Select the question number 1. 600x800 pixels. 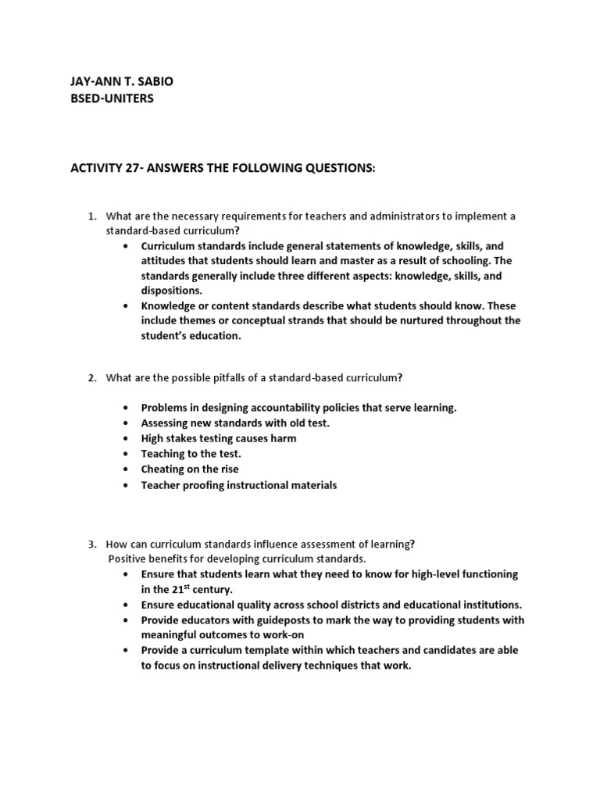click(x=91, y=216)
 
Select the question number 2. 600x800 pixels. click(x=91, y=378)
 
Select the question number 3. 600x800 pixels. click(x=91, y=544)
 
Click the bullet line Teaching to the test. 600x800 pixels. click(x=191, y=454)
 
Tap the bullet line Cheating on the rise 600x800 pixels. click(x=189, y=470)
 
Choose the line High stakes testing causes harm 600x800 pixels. click(x=218, y=438)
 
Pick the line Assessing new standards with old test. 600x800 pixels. click(x=235, y=423)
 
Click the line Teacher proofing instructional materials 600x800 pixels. click(x=238, y=485)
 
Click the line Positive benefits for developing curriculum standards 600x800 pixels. click(x=236, y=559)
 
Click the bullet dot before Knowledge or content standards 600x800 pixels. click(x=126, y=305)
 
